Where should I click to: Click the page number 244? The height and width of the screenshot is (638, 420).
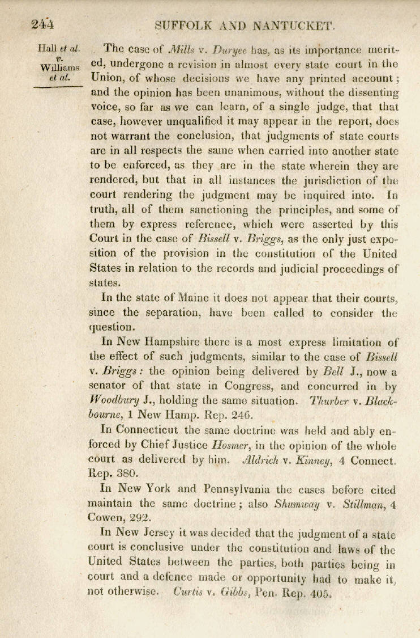tap(42, 24)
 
